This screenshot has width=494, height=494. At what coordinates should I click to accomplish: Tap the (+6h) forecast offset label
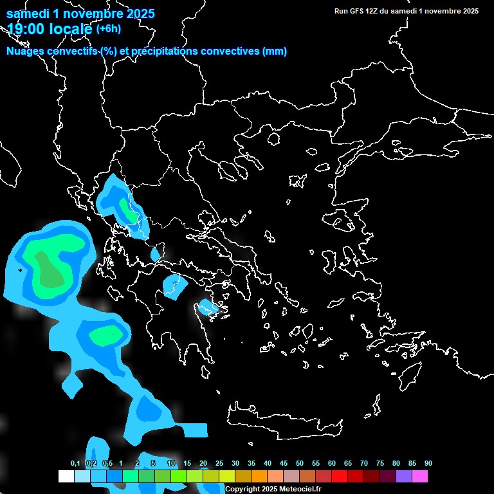click(108, 28)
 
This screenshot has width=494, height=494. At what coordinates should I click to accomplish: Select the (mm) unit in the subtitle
click(275, 51)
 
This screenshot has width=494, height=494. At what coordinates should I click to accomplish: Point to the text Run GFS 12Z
click(358, 11)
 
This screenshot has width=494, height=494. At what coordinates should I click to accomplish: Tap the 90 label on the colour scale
click(428, 464)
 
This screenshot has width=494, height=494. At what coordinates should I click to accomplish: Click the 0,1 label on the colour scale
click(75, 464)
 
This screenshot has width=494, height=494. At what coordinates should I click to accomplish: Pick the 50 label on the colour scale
click(300, 464)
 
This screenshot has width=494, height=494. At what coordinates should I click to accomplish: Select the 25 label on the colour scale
click(219, 464)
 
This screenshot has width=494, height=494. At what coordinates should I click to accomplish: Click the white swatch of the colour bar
click(66, 477)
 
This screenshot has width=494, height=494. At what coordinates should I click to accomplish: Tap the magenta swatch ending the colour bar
click(420, 477)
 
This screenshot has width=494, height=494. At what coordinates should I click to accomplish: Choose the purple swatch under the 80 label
click(404, 477)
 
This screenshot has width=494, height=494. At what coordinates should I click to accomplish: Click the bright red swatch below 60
click(340, 477)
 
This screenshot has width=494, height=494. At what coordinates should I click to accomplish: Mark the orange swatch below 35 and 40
click(259, 477)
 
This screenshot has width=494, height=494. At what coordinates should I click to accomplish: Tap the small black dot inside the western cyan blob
click(20, 270)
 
